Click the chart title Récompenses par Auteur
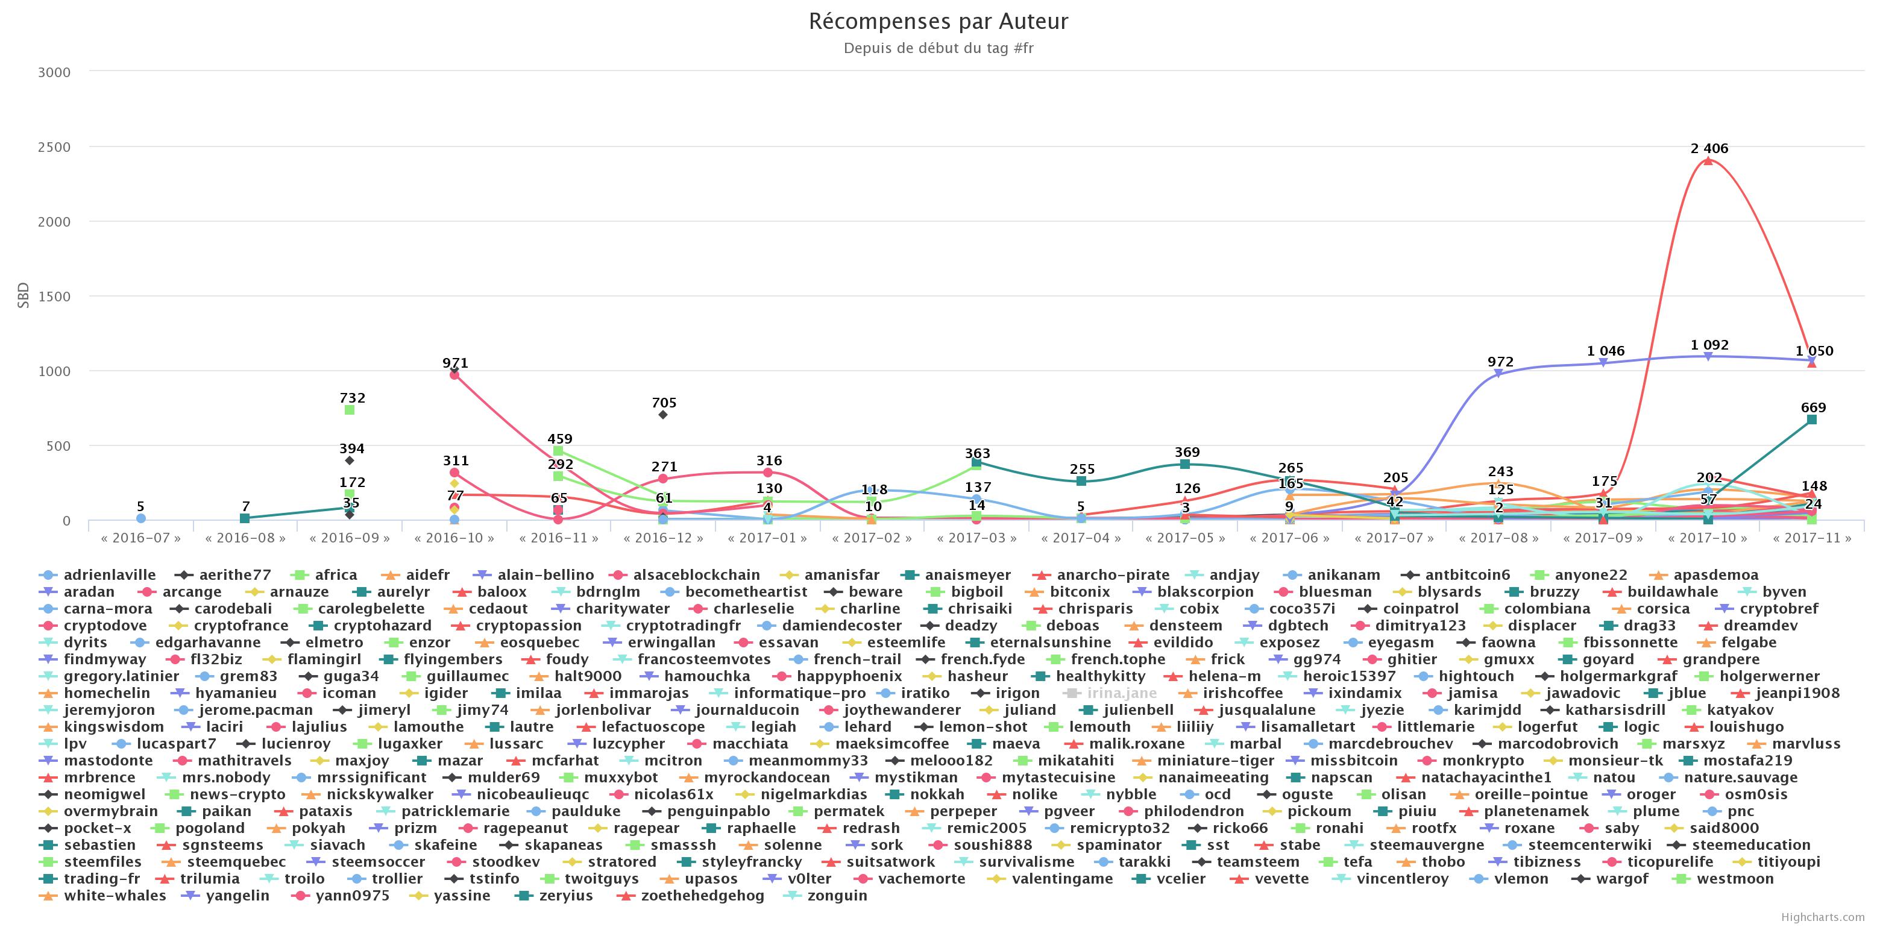[938, 22]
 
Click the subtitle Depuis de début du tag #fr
[938, 49]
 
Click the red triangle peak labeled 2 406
[1707, 160]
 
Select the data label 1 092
[1709, 345]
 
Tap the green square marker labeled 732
[350, 410]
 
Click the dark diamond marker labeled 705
[662, 415]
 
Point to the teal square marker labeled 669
[1811, 420]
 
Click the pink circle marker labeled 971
[454, 374]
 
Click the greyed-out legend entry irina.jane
[1121, 694]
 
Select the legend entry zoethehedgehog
[702, 896]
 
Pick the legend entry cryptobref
[1779, 609]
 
